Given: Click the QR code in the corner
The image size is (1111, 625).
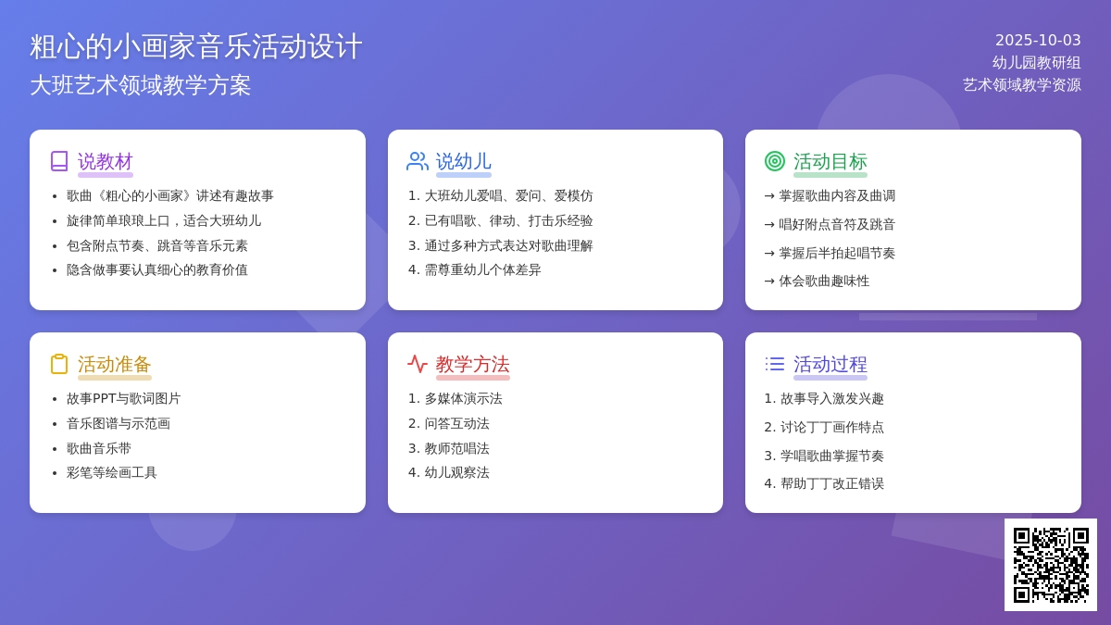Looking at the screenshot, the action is (x=1051, y=565).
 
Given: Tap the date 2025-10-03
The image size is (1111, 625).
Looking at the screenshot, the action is (x=1038, y=40).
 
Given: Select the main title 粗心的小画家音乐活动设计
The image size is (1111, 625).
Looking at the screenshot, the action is (x=196, y=46).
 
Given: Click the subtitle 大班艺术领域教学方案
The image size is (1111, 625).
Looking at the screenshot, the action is (x=141, y=85).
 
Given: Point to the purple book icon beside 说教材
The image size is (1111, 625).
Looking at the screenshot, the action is (x=59, y=161).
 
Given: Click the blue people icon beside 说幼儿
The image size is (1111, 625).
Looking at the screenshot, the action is (x=418, y=161).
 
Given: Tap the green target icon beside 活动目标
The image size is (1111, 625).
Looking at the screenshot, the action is (x=775, y=161).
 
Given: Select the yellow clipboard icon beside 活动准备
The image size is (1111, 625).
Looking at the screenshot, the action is (x=59, y=364).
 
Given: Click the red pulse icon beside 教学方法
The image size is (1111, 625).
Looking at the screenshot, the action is (x=418, y=364).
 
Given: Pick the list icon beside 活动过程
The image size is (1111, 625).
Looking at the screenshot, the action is (x=775, y=364).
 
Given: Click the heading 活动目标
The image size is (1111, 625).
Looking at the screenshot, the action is (x=830, y=162).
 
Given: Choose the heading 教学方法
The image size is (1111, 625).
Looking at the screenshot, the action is (x=473, y=364).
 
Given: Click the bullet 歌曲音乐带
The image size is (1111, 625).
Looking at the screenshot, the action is (x=99, y=448).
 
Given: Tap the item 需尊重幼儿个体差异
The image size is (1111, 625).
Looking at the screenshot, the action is (x=482, y=269).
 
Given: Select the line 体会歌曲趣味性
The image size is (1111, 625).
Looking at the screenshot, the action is (x=824, y=281).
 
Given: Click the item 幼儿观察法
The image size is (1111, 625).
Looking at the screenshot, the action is (x=456, y=473).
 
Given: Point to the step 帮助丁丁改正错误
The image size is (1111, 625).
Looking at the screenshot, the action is (x=831, y=483).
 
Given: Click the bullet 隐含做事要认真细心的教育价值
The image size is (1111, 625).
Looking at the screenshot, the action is (x=156, y=269).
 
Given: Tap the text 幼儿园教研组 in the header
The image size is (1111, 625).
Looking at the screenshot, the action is (x=1037, y=63).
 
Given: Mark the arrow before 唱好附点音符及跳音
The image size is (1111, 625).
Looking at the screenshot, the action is (x=769, y=225).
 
